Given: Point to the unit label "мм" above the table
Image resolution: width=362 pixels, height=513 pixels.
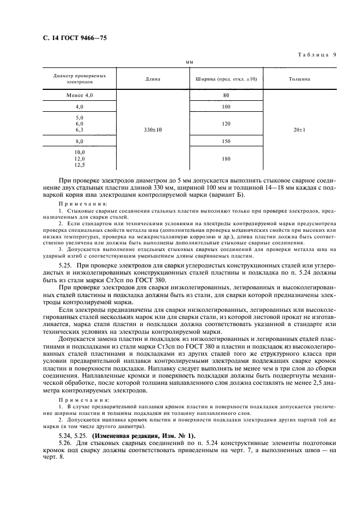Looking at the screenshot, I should tap(189, 63).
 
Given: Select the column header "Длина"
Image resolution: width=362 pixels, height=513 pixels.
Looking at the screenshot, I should tap(153, 79).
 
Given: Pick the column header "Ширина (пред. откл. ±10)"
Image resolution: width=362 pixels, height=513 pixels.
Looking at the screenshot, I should tap(226, 79).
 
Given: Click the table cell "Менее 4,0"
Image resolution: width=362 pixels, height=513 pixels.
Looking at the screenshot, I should tap(79, 95).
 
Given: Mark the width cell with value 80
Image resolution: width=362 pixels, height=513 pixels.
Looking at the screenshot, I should tap(226, 95).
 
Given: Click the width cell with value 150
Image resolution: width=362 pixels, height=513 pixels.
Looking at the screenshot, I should tap(226, 141).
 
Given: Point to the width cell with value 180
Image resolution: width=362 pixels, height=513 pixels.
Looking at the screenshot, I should tap(226, 159).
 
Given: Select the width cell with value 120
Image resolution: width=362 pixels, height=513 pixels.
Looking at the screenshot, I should tap(226, 124).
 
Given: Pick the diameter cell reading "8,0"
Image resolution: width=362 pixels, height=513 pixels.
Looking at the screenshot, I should tap(79, 141).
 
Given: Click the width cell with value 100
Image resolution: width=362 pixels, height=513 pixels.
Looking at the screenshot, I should tap(226, 106).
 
